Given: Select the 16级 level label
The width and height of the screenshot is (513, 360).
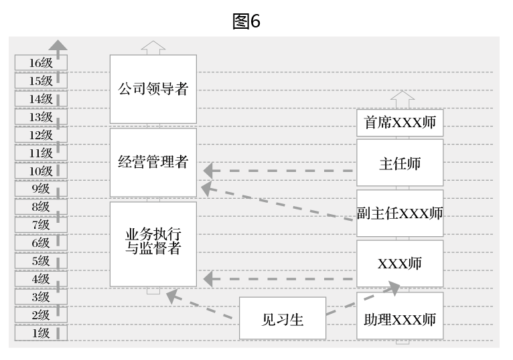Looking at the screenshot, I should pos(41,63).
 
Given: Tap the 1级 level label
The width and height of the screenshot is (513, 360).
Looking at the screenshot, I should pos(41,333).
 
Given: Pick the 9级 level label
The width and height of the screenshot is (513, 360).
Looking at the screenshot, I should pos(41,189).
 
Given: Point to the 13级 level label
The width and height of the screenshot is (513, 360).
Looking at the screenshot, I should pos(41,117).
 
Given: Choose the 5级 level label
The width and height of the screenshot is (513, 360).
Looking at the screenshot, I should pos(41,261).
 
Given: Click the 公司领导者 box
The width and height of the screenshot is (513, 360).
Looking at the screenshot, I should pos(153,89).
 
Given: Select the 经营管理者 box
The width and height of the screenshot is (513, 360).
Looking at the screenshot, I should pos(153,162).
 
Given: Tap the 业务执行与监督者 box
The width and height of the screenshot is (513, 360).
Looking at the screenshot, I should pos(153,244).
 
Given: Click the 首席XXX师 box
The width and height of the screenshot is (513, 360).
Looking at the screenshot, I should pos(400,123).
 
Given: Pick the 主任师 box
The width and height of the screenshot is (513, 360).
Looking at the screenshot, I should pos(400,163).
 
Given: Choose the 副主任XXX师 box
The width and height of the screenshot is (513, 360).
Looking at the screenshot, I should pos(400,213).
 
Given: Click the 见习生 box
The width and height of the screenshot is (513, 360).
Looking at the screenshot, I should pos(283,319).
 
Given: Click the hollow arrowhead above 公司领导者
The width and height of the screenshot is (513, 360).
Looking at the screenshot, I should pos(153,47).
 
